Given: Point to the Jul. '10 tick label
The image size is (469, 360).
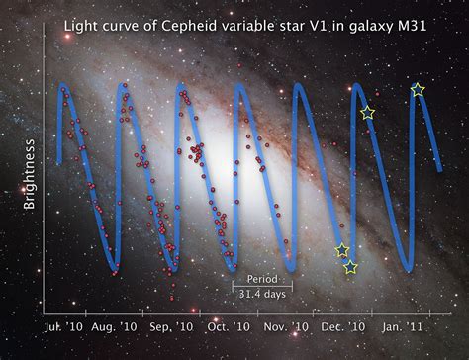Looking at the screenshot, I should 63,325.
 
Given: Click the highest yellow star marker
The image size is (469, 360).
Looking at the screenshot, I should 418,90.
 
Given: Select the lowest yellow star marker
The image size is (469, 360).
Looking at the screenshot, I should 350,267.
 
